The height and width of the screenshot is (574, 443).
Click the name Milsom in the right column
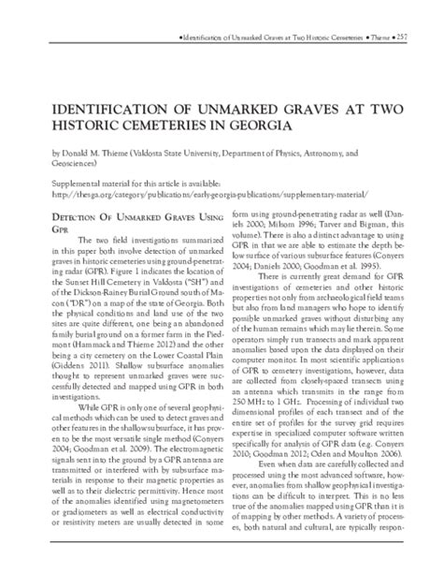(305, 229)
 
